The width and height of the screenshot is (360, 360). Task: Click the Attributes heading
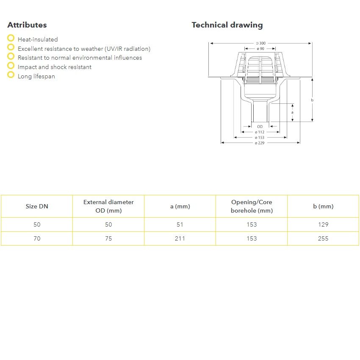coord(27,25)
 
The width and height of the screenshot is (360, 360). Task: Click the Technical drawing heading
coord(227,25)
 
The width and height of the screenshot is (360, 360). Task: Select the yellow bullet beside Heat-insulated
coord(11,39)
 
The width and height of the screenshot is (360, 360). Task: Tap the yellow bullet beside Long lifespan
coord(11,75)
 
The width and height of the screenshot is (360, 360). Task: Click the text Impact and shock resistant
coord(55,67)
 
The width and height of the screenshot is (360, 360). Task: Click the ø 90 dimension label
coord(260,49)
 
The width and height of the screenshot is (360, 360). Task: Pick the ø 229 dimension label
coord(260,143)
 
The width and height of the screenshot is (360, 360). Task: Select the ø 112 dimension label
coord(260,132)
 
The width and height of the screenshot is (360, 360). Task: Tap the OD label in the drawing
coord(260,126)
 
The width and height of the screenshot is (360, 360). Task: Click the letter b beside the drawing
coord(312,100)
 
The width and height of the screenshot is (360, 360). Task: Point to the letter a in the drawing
coord(292,113)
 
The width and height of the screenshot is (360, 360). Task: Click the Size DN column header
coord(37,206)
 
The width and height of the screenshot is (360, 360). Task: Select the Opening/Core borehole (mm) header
coord(252,206)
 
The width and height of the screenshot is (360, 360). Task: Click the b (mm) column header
coord(323,206)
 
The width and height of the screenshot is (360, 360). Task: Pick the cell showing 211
coord(180,238)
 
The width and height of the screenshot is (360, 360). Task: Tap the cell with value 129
coord(323,224)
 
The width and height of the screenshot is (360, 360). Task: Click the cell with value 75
coord(108,238)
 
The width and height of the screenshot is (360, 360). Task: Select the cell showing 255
coord(323,238)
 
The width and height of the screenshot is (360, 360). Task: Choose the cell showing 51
coord(180,224)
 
